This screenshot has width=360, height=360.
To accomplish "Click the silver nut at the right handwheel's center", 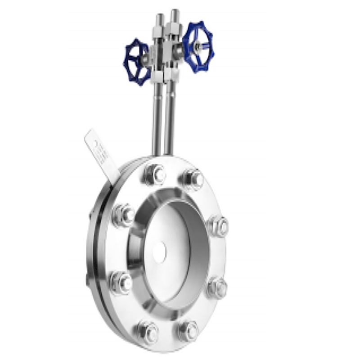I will point(198,46).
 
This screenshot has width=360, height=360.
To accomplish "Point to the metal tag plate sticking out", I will point(102,155).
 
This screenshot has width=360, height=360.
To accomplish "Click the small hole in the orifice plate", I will point(160,252).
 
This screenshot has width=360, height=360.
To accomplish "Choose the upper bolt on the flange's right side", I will point(219,226).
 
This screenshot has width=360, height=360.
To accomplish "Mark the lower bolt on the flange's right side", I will point(218,287).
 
